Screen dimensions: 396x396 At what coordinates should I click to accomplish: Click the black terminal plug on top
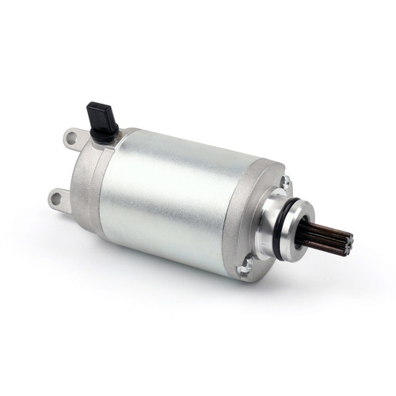coord(103,117)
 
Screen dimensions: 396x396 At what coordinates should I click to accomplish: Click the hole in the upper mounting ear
coord(72,139)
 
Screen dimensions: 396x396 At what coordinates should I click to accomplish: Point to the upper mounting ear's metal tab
coord(75,141)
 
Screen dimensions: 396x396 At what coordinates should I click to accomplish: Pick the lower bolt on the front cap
coord(246,268)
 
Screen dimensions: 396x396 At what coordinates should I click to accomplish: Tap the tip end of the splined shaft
coord(347,238)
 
